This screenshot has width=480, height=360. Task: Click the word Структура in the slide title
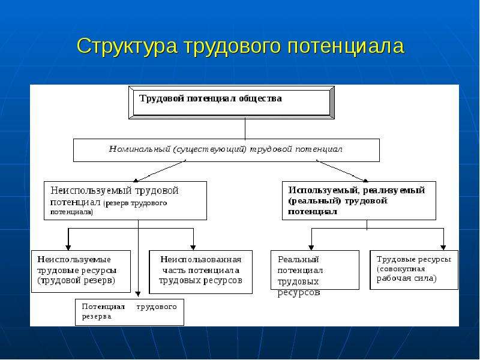pyautogui.click(x=127, y=47)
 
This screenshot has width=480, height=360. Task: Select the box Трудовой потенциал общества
pyautogui.click(x=232, y=103)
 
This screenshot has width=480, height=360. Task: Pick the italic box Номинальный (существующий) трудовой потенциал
pyautogui.click(x=226, y=151)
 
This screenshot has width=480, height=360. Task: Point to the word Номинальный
pyautogui.click(x=140, y=149)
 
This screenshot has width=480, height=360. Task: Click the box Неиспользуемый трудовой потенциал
pyautogui.click(x=125, y=200)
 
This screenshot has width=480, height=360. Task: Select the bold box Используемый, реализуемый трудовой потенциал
pyautogui.click(x=359, y=200)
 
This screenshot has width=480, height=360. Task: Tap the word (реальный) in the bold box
pyautogui.click(x=314, y=201)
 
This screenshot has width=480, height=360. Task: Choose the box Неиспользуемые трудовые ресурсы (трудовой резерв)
pyautogui.click(x=81, y=271)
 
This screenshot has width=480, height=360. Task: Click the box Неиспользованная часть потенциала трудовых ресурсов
pyautogui.click(x=200, y=272)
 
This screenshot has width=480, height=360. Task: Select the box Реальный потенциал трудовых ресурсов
pyautogui.click(x=314, y=270)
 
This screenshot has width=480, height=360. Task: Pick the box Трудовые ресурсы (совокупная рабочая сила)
pyautogui.click(x=414, y=270)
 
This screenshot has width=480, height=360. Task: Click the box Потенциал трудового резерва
pyautogui.click(x=130, y=312)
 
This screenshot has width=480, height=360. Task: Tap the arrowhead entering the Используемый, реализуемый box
pyautogui.click(x=365, y=180)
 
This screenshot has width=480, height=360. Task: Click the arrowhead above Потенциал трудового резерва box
pyautogui.click(x=138, y=294)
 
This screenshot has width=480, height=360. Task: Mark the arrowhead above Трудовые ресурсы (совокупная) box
pyautogui.click(x=443, y=248)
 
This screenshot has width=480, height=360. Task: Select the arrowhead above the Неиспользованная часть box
pyautogui.click(x=193, y=248)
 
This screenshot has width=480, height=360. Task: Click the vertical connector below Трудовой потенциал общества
pyautogui.click(x=245, y=129)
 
